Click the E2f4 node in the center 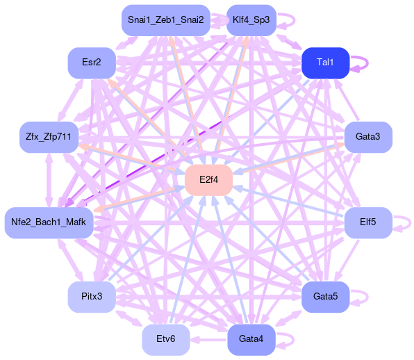(x=208, y=180)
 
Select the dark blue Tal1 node (x=326, y=63)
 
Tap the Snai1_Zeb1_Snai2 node (x=166, y=20)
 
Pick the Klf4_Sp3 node (x=251, y=20)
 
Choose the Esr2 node (x=92, y=63)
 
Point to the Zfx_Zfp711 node (x=49, y=137)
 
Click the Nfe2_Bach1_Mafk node (x=49, y=222)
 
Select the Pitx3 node (x=92, y=297)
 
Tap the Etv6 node (x=166, y=340)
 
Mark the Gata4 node (x=251, y=340)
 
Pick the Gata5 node (x=326, y=297)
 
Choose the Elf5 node (x=368, y=222)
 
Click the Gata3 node (x=368, y=137)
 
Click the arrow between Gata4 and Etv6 (x=208, y=340)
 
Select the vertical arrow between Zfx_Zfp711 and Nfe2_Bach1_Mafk (x=49, y=180)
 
